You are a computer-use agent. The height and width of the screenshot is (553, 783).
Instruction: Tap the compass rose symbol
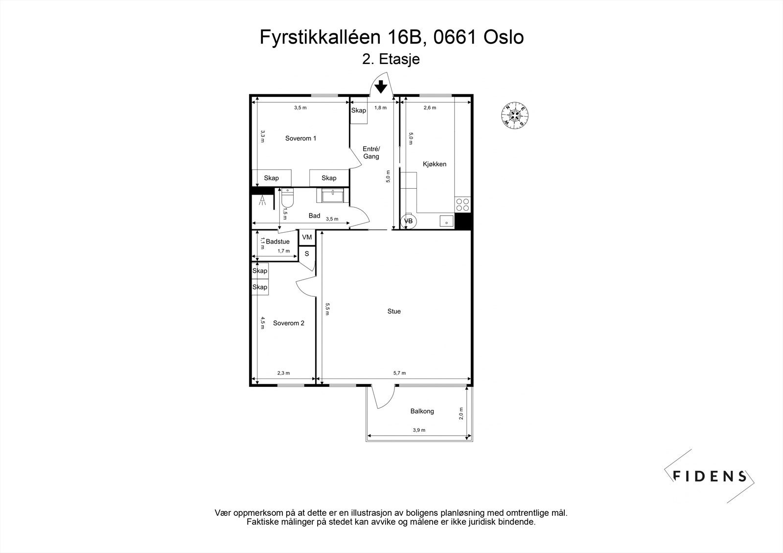pos(515,116)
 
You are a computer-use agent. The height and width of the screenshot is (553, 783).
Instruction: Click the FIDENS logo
pos(710,476)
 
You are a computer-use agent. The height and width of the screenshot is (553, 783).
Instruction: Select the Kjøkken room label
pos(435,164)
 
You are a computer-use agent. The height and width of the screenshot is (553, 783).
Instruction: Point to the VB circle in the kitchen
pos(408,221)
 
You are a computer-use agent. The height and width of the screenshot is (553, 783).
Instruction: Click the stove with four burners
pos(462,204)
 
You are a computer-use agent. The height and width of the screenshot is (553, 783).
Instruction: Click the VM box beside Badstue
pos(307,238)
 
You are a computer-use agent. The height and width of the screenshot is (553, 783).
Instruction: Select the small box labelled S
pos(307,254)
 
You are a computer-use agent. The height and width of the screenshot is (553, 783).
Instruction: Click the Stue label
pos(394,311)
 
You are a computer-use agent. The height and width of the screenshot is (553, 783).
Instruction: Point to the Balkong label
pos(422,411)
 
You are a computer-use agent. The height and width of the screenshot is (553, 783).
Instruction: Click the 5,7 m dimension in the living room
pos(399,373)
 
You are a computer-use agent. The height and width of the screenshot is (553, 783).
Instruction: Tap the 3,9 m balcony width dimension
pos(419,430)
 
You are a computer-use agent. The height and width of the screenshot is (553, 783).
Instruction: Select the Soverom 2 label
pos(289,323)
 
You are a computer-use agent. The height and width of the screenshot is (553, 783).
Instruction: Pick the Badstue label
pos(277,242)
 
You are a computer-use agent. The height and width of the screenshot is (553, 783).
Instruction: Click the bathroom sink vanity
pos(335,196)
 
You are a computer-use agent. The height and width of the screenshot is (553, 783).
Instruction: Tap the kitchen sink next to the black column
pos(446,221)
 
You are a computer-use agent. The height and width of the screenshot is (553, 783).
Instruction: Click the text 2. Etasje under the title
pos(391,60)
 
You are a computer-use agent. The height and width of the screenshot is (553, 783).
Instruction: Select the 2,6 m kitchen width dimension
pos(430,108)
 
